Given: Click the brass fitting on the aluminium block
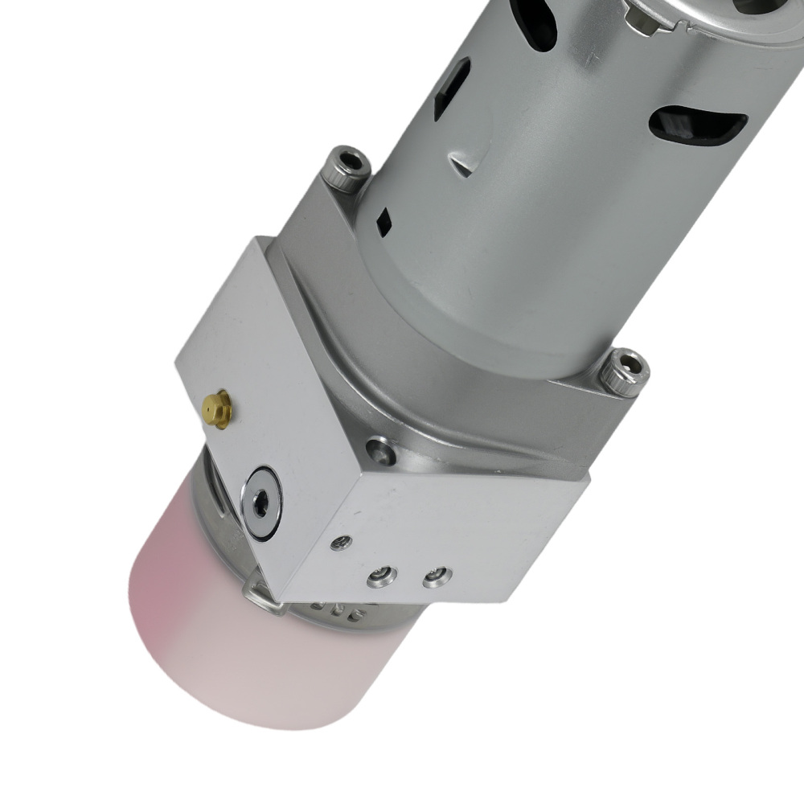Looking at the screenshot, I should click(216, 408).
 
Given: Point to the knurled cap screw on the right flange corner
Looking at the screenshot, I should click(623, 371).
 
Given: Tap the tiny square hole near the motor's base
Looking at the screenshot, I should click(384, 219).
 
